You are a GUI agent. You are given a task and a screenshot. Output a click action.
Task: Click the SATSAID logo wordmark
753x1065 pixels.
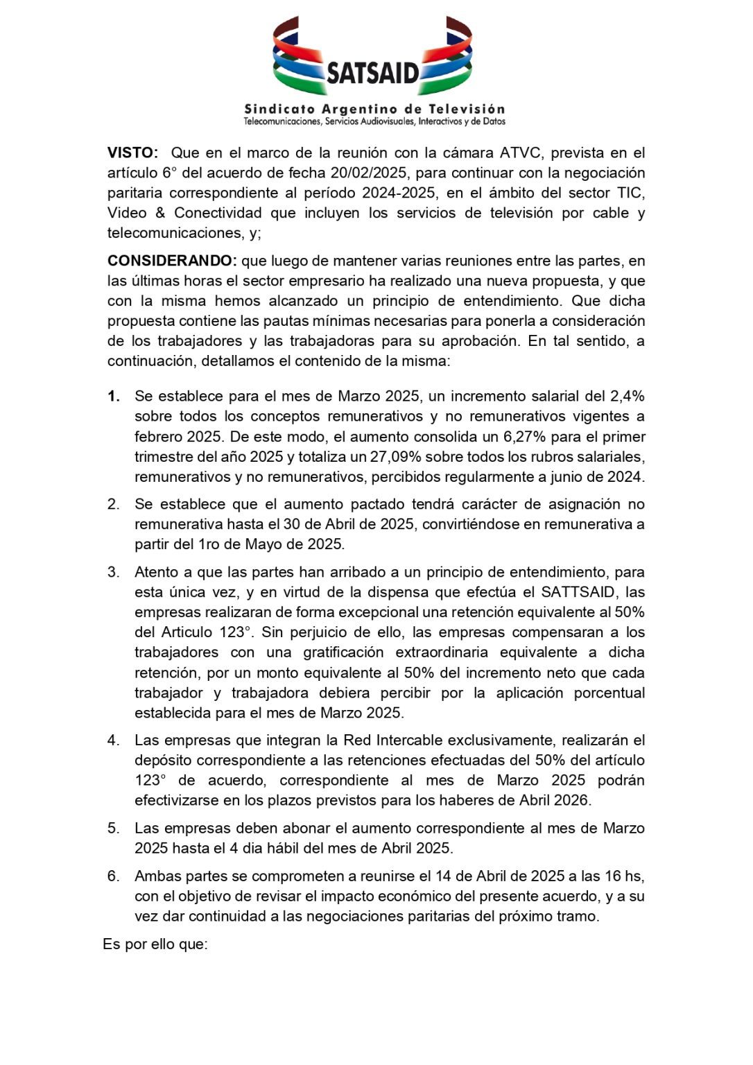(372, 72)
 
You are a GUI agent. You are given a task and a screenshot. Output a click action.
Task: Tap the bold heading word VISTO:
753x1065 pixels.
(132, 153)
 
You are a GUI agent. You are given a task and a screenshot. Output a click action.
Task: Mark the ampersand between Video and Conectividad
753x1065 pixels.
(159, 213)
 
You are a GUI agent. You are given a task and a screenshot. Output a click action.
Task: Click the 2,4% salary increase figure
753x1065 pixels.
(627, 396)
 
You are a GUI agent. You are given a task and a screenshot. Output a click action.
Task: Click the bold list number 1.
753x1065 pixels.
(114, 397)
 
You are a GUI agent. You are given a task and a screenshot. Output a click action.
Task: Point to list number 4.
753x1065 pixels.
(113, 740)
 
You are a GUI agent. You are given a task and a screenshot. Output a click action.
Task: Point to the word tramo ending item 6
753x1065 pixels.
(576, 916)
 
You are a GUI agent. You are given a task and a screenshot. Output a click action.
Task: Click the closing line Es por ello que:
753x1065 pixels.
(155, 944)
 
